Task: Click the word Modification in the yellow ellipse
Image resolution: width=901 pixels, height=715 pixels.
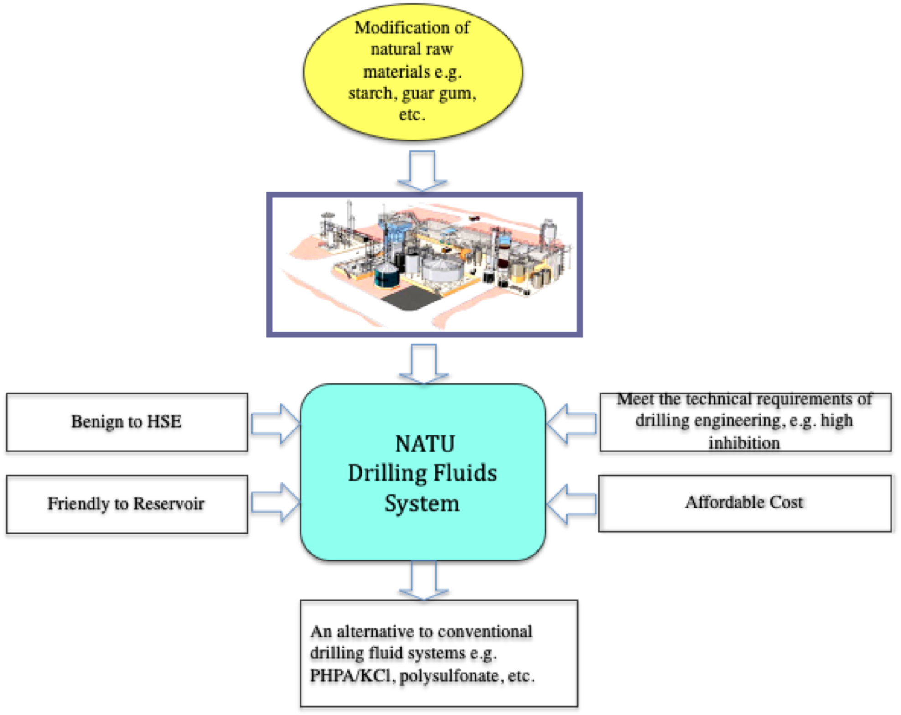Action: tap(395, 28)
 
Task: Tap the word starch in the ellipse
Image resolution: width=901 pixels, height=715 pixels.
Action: tap(370, 93)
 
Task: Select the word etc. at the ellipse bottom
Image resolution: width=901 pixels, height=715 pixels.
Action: tap(412, 114)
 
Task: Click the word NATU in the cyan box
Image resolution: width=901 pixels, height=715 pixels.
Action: tap(425, 444)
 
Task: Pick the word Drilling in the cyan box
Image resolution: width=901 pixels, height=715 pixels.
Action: tap(387, 473)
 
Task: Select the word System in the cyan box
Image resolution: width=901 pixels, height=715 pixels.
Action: tap(422, 503)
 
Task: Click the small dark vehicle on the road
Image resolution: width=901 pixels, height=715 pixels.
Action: tap(474, 218)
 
